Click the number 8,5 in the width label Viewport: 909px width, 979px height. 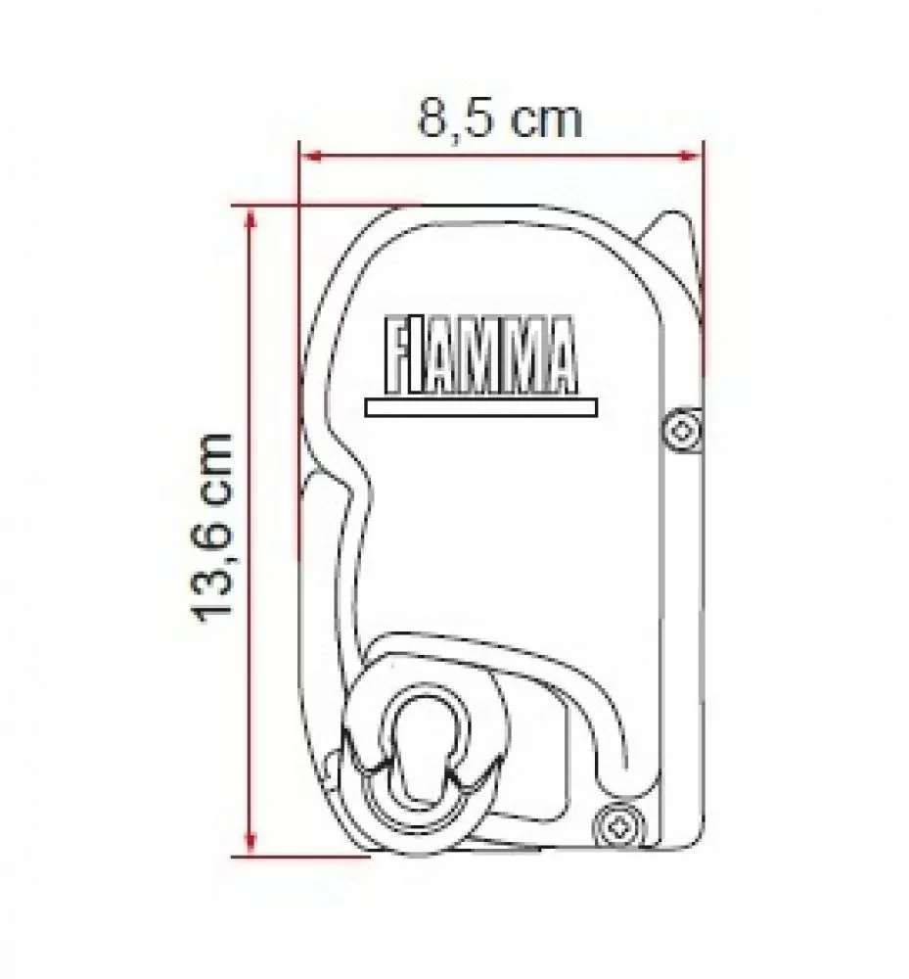(451, 119)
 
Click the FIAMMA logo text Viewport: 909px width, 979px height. (474, 353)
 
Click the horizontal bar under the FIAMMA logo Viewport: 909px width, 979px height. (479, 404)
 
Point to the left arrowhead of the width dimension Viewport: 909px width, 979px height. (306, 156)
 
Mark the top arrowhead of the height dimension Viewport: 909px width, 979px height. (252, 213)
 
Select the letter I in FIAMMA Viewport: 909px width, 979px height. (418, 353)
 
